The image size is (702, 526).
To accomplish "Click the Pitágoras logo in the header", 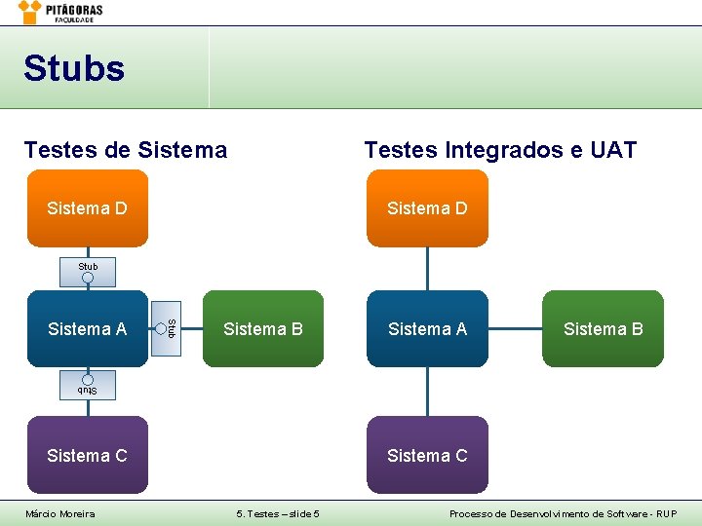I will click(x=60, y=12).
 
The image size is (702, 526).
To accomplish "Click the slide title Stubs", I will click(x=74, y=69).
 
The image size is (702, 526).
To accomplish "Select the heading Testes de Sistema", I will click(x=126, y=150).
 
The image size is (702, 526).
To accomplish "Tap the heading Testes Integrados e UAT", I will click(x=500, y=150).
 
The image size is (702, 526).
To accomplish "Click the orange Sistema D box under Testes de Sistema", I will click(x=88, y=208).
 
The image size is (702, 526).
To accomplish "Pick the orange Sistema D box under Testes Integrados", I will click(x=427, y=208).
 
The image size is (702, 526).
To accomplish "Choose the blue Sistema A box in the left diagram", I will click(x=87, y=329).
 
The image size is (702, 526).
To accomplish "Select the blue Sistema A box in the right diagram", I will click(x=427, y=329).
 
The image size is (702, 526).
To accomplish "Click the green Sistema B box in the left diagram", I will click(x=263, y=329).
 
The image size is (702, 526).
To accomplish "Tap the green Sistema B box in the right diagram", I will click(x=603, y=329).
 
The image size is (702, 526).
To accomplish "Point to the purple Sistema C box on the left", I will click(x=88, y=455).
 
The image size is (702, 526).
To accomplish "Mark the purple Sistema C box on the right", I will click(x=427, y=455).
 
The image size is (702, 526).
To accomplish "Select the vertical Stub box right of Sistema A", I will click(x=168, y=329).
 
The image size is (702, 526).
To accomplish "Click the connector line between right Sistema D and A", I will click(x=427, y=269).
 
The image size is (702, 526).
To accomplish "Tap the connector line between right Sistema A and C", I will click(x=427, y=392).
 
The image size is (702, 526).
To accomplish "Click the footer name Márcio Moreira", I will click(x=60, y=513).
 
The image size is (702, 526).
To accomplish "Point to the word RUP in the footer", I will click(x=665, y=513).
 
